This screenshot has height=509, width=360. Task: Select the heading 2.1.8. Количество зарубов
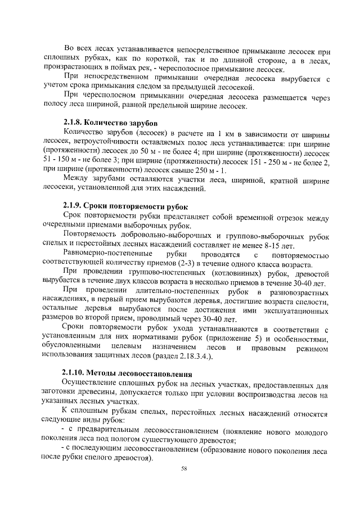click(110, 123)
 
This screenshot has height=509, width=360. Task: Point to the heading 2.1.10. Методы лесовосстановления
click(127, 373)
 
